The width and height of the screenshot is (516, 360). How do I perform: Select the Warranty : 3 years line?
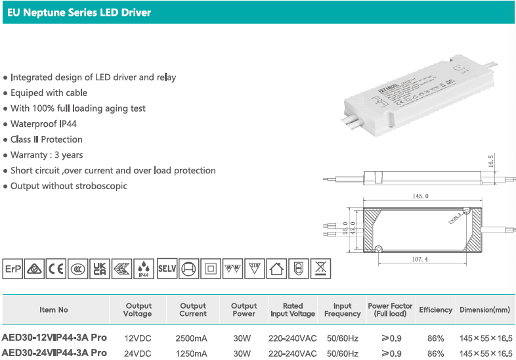coord(47,155)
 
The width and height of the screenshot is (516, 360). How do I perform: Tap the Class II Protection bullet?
coord(46,139)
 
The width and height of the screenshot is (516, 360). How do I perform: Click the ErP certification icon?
coord(12,269)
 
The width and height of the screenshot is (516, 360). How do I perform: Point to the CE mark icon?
coord(56,269)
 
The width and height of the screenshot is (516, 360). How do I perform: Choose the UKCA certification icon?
coord(100,269)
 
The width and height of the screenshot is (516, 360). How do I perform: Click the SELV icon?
coord(167,269)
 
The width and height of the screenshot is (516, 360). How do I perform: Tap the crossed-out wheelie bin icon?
coord(320,269)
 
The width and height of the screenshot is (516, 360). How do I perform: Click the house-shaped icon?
coord(276,269)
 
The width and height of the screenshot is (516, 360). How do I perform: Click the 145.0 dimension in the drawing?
coord(420,196)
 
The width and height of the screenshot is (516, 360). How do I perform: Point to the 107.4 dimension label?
coord(420,259)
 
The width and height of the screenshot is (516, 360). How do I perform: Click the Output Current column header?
coord(193,310)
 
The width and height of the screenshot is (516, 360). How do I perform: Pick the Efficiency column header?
coord(435,310)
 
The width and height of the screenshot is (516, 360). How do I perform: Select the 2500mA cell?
coord(192,338)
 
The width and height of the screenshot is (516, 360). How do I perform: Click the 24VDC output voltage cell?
coord(138,353)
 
